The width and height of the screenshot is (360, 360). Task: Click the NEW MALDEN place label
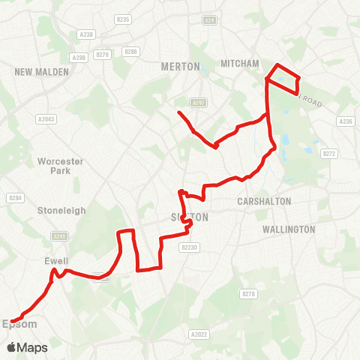click(x=41, y=72)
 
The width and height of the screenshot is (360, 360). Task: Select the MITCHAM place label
click(x=241, y=64)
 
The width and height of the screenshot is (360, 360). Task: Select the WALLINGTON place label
click(x=289, y=229)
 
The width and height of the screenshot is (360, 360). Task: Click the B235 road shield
click(x=124, y=19)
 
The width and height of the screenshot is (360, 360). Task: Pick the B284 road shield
click(x=13, y=198)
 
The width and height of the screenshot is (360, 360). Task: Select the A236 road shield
click(x=346, y=121)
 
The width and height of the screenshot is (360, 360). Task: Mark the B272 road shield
click(x=328, y=153)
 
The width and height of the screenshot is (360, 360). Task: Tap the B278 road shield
click(x=248, y=294)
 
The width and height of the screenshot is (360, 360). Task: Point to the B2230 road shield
click(x=190, y=247)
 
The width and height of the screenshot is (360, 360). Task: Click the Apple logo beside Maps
click(x=11, y=347)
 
